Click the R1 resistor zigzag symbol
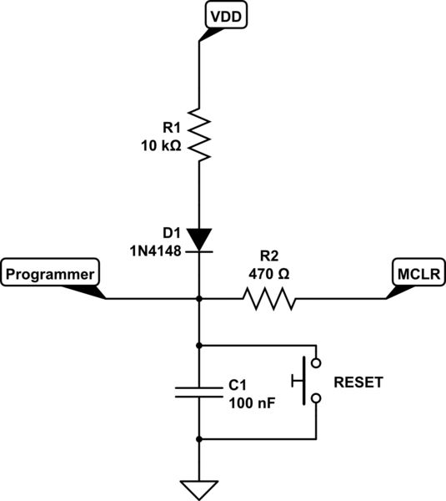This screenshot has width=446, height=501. coord(199,134)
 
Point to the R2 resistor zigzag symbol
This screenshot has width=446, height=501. coord(268,298)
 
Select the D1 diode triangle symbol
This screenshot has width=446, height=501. coord(199,238)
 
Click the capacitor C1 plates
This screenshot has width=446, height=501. coord(199,391)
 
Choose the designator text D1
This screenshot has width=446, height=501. coord(171,232)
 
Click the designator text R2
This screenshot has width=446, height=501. coord(268,256)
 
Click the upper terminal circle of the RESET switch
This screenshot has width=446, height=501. coord(316,363)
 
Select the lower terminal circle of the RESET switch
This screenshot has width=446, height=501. coord(316,398)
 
